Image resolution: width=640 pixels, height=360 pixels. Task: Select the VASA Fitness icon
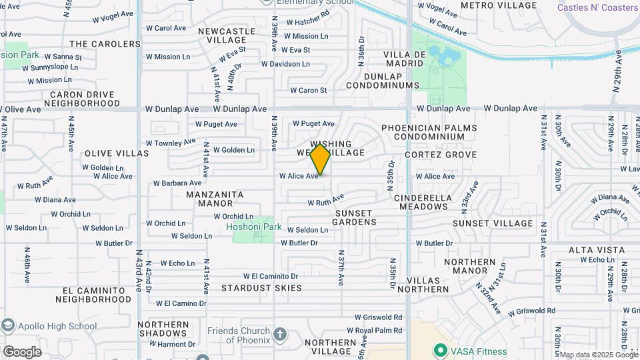439,350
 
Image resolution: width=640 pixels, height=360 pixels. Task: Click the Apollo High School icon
8,326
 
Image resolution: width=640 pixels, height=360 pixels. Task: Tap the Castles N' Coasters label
598,7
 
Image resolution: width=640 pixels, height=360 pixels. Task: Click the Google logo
22,352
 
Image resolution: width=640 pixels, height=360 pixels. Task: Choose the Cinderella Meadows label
423,203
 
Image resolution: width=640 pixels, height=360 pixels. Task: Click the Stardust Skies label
261,288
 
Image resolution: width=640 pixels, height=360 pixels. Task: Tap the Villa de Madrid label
405,59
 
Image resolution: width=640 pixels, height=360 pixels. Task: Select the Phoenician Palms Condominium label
429,132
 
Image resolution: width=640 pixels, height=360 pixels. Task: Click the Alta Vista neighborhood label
597,250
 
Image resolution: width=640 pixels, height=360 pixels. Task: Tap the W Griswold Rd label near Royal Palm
378,318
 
